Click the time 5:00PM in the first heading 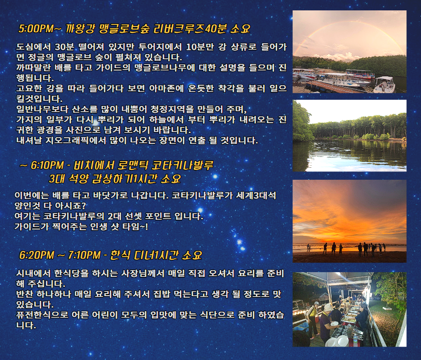pos(36,29)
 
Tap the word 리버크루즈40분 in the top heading pos(190,29)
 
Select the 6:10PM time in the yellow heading pos(47,165)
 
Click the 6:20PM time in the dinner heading pos(37,255)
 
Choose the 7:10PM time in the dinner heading pos(84,255)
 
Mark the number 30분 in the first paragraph pos(64,47)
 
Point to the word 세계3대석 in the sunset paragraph pos(256,195)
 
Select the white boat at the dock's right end pos(384,84)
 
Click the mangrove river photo pos(349,136)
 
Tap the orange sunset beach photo pos(349,221)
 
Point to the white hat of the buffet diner pos(328,307)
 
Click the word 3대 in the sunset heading pos(57,179)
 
